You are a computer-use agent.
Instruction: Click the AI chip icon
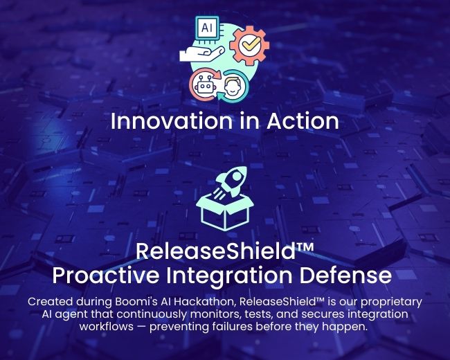click(x=207, y=28)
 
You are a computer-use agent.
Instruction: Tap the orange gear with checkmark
click(x=249, y=45)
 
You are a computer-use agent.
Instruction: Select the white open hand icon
click(x=201, y=53)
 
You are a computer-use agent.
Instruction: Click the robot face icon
click(x=204, y=85)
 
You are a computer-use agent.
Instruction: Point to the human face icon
click(x=232, y=86)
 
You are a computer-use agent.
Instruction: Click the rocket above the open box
click(x=231, y=182)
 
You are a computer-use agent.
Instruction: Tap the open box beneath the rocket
click(x=225, y=213)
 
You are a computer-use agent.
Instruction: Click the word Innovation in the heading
click(x=171, y=121)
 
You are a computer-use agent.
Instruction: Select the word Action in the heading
click(x=303, y=121)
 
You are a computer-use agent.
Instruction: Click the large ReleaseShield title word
click(x=215, y=251)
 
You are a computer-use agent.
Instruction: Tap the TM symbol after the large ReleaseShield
click(x=305, y=247)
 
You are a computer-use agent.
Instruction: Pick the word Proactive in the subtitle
click(x=106, y=276)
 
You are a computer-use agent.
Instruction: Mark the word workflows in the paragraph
click(x=107, y=326)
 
